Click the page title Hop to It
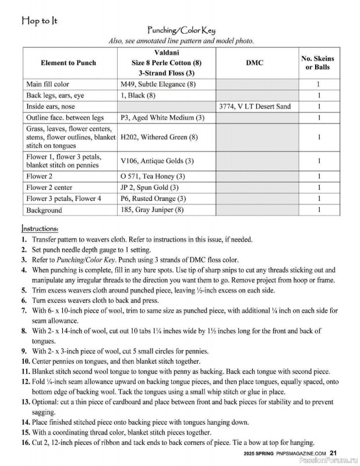pyautogui.click(x=40, y=22)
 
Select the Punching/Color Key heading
pyautogui.click(x=181, y=31)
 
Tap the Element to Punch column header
pyautogui.click(x=69, y=63)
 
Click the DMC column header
pyautogui.click(x=255, y=63)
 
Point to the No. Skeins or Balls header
pyautogui.click(x=317, y=63)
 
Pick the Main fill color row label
pyautogui.click(x=48, y=84)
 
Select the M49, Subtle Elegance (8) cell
pyautogui.click(x=158, y=84)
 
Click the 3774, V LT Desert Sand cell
pyautogui.click(x=255, y=107)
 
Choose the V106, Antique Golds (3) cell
pyautogui.click(x=157, y=161)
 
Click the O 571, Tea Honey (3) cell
pyautogui.click(x=153, y=176)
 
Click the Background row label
pyautogui.click(x=44, y=210)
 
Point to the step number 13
pyautogui.click(x=25, y=401)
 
